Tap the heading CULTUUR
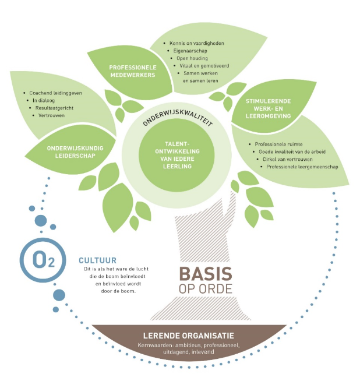(97, 260)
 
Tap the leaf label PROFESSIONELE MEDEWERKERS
(134, 72)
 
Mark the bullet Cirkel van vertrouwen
(290, 159)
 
